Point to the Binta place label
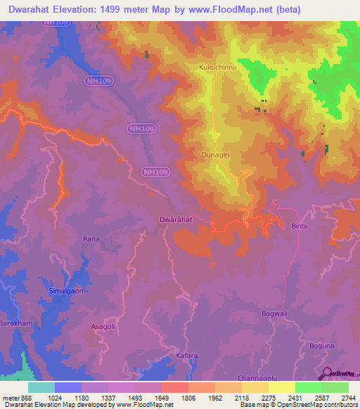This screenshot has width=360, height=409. (299, 226)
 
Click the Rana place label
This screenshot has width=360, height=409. (91, 239)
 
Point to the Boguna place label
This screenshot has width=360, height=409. (323, 346)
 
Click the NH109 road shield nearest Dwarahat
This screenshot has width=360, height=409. (155, 172)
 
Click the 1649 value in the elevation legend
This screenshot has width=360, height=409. (162, 398)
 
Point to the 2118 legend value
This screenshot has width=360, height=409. (241, 398)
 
